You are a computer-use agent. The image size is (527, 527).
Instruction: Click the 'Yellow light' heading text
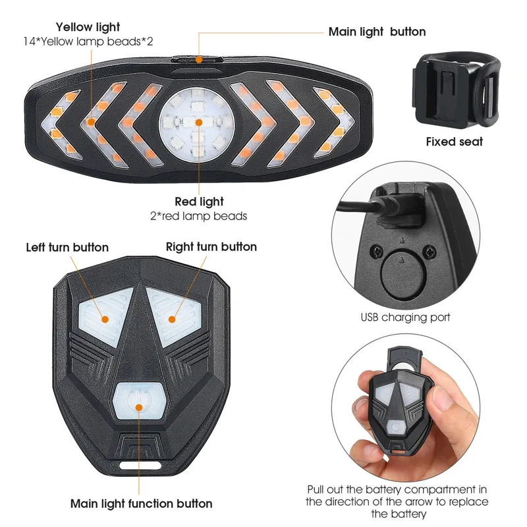(88, 27)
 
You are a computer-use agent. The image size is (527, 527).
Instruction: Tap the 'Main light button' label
(377, 32)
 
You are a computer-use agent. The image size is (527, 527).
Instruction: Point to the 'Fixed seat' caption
(454, 142)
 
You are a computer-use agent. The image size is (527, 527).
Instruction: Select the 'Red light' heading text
(199, 202)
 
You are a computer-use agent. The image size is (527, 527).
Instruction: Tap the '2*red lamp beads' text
(199, 216)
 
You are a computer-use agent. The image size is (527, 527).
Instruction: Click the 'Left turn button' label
(67, 248)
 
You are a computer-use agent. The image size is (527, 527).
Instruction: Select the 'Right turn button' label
(211, 247)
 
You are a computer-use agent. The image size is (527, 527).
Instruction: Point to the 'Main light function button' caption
(141, 504)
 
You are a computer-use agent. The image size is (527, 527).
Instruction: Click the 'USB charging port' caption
(405, 318)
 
